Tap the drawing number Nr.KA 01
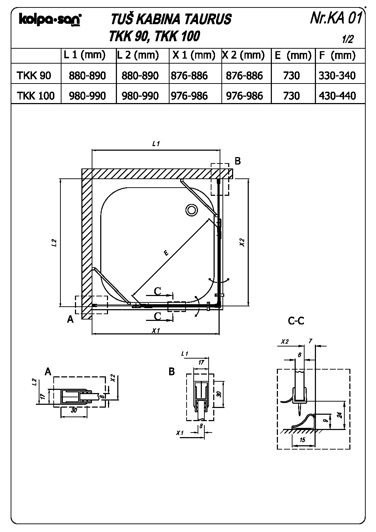pyautogui.click(x=335, y=18)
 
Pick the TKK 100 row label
pyautogui.click(x=36, y=96)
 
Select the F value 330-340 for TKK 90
pyautogui.click(x=337, y=75)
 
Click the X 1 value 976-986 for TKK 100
pyautogui.click(x=189, y=96)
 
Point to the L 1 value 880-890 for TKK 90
pyautogui.click(x=87, y=75)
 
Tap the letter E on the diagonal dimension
pyautogui.click(x=166, y=253)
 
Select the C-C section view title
pyautogui.click(x=296, y=321)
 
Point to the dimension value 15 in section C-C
pyautogui.click(x=302, y=440)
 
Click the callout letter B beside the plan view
pyautogui.click(x=238, y=161)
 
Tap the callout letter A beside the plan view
pyautogui.click(x=70, y=319)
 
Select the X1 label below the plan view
pyautogui.click(x=155, y=331)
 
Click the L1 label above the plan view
pyautogui.click(x=155, y=144)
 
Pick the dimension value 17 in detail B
pyautogui.click(x=201, y=363)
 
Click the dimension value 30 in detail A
pyautogui.click(x=74, y=410)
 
